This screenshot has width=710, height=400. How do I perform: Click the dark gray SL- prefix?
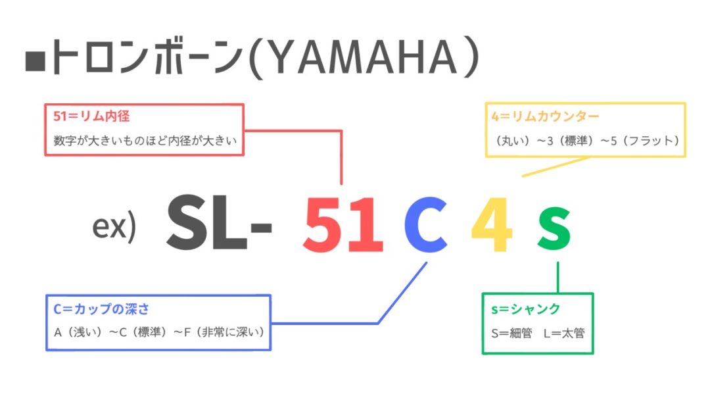pyautogui.click(x=219, y=222)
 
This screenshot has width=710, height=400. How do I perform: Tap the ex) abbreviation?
pyautogui.click(x=114, y=226)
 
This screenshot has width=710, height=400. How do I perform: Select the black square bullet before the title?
pyautogui.click(x=35, y=61)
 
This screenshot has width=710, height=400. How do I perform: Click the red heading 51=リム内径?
pyautogui.click(x=91, y=116)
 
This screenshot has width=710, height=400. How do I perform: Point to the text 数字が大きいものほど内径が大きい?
pyautogui.click(x=145, y=140)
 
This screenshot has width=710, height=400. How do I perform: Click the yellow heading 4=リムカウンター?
pyautogui.click(x=545, y=116)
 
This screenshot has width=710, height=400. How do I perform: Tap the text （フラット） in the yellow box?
pyautogui.click(x=650, y=141)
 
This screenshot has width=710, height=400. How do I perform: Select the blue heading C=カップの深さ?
pyautogui.click(x=101, y=309)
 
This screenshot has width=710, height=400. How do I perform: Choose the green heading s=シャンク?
pyautogui.click(x=526, y=309)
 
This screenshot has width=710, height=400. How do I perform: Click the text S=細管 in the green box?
pyautogui.click(x=511, y=334)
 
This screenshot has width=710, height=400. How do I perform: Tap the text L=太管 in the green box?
pyautogui.click(x=564, y=334)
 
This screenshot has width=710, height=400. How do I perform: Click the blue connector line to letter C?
pyautogui.click(x=377, y=323)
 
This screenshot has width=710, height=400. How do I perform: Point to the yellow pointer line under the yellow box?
pyautogui.click(x=556, y=166)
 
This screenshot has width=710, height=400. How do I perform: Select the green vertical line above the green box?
pyautogui.click(x=558, y=277)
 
